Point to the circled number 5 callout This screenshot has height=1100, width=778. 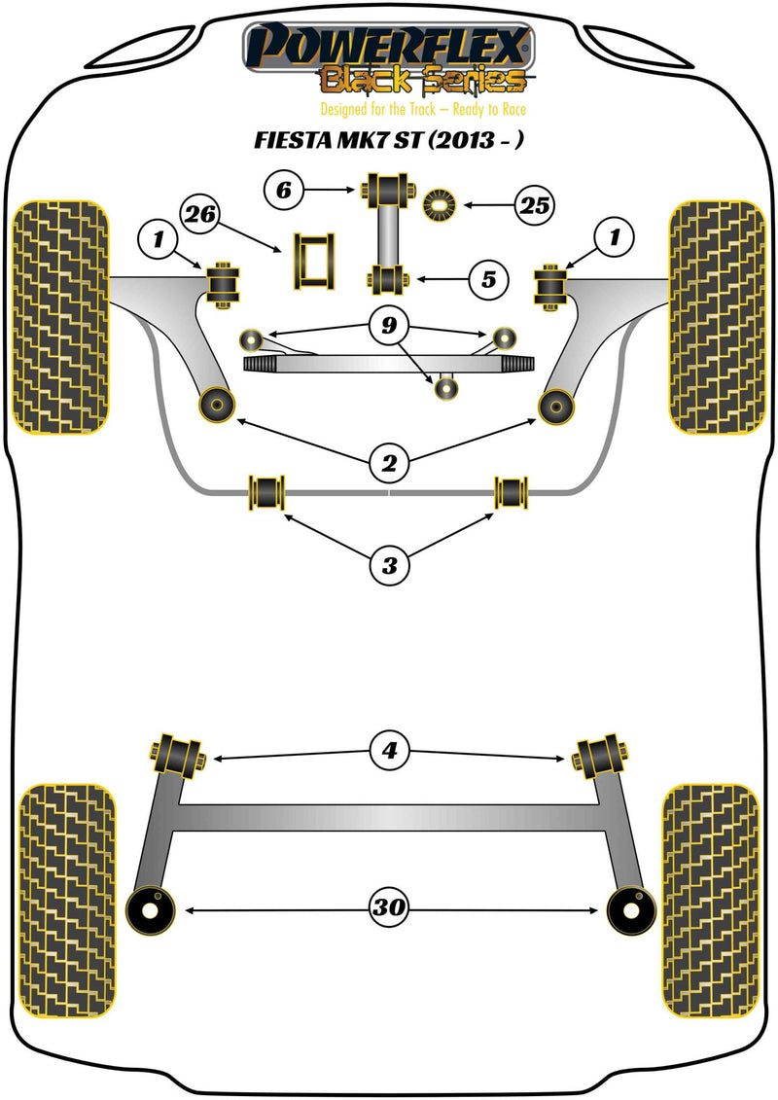[x=487, y=280]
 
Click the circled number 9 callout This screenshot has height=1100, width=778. [x=389, y=327]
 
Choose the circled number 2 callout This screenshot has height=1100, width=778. [x=389, y=465]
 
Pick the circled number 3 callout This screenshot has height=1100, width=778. [x=389, y=563]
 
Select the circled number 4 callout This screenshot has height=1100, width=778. [x=389, y=750]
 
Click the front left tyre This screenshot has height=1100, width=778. [x=59, y=317]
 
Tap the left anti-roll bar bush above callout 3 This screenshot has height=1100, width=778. [x=266, y=491]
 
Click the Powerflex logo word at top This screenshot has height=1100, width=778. [x=389, y=45]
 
